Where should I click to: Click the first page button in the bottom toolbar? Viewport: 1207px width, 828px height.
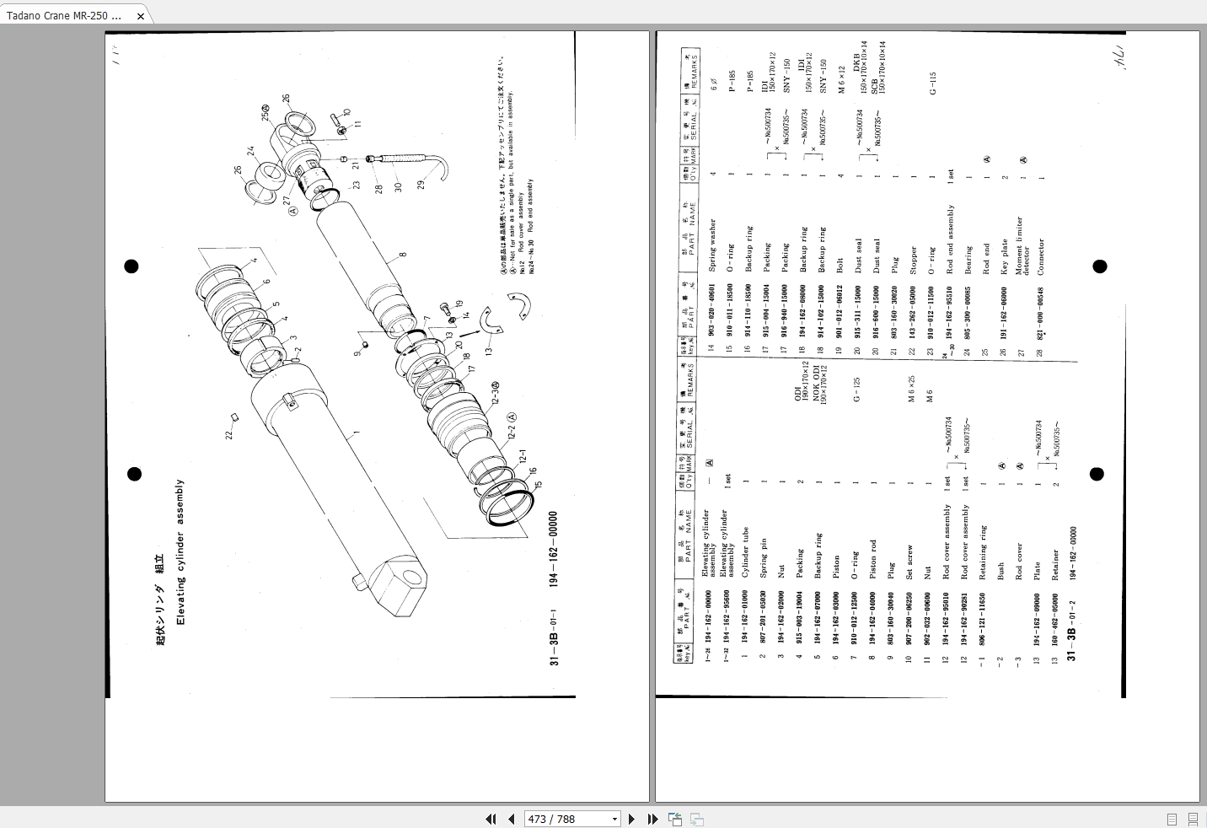tap(491, 819)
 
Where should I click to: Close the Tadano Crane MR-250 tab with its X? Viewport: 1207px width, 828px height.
tap(141, 16)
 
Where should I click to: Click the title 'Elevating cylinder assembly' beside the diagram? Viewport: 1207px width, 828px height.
tap(180, 552)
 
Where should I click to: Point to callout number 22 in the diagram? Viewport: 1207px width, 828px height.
tap(228, 435)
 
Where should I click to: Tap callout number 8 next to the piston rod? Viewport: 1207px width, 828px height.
tap(403, 254)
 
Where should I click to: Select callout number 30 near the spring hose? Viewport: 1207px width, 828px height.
tap(398, 186)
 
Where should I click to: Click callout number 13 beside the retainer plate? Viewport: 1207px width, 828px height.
tap(488, 350)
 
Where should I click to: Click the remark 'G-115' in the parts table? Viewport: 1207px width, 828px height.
tap(932, 83)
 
